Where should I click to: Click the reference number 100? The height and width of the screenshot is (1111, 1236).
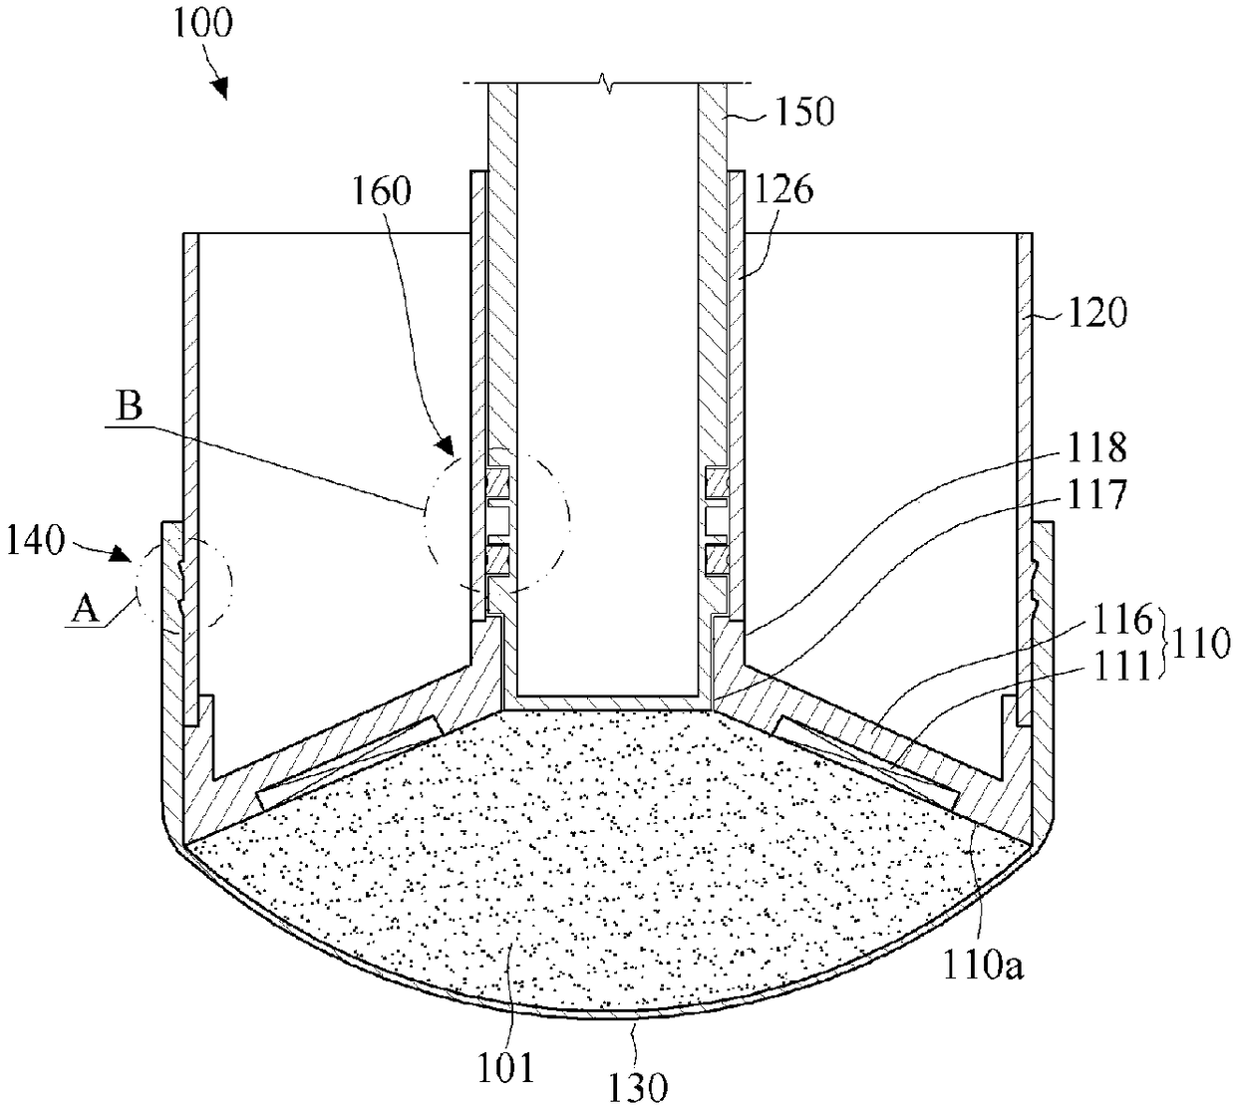[x=202, y=24]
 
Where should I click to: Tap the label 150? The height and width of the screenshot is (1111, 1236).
[x=804, y=112]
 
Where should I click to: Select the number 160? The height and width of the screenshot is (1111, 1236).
[x=382, y=190]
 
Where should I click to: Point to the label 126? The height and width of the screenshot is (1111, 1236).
[x=783, y=189]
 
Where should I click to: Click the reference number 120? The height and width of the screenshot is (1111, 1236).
[x=1097, y=313]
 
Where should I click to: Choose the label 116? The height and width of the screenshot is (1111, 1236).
[x=1122, y=620]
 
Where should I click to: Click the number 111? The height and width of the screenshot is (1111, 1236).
[x=1122, y=667]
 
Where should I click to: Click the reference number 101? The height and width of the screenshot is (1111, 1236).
[x=505, y=1068]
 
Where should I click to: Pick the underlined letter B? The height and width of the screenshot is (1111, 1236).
[x=130, y=408]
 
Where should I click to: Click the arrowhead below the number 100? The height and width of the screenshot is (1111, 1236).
[x=220, y=88]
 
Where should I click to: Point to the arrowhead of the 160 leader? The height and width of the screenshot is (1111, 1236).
[x=446, y=445]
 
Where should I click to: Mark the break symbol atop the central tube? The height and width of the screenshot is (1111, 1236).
[x=607, y=83]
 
